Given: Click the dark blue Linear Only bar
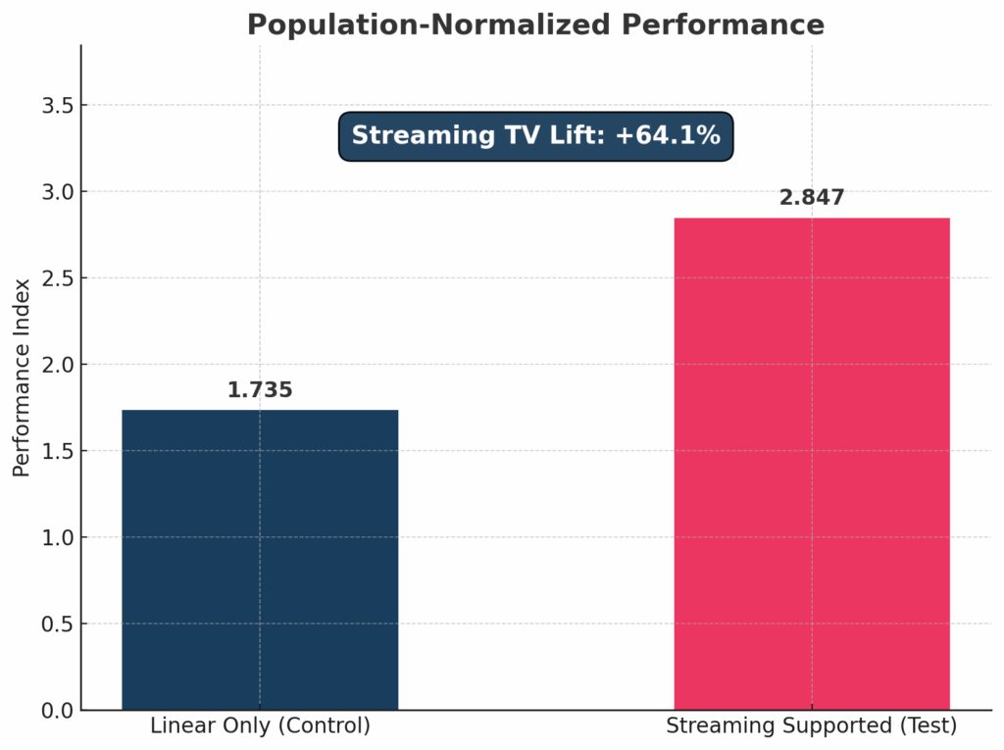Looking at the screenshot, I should [x=260, y=559].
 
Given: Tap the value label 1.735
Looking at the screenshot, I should [x=260, y=390].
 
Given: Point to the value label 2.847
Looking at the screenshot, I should [x=812, y=198].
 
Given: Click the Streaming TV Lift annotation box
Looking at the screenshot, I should [x=535, y=136].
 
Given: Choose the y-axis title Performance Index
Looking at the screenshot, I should [x=22, y=377].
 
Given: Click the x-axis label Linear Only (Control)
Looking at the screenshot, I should [x=260, y=726].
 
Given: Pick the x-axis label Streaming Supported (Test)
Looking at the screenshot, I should [x=812, y=726].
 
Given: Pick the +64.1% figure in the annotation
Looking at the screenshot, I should [x=668, y=136].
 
